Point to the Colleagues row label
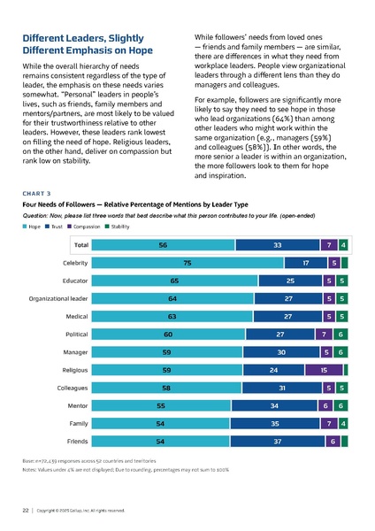(x=68, y=387)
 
